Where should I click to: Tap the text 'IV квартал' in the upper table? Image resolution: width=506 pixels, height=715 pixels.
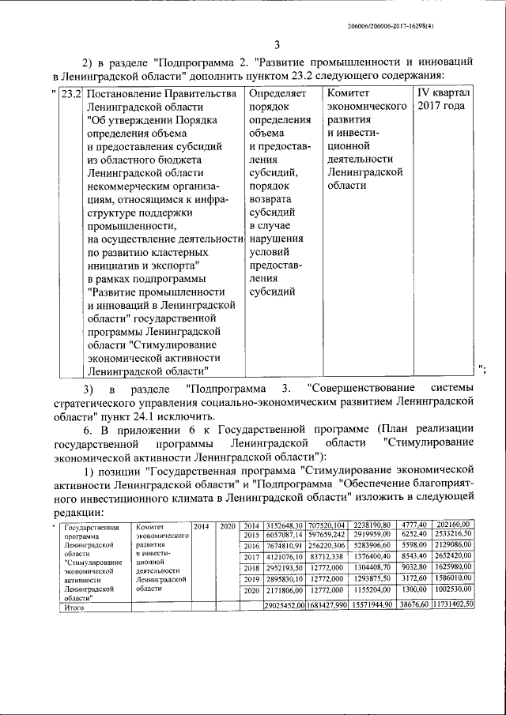click(443, 94)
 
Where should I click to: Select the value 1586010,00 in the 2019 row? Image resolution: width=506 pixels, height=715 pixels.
click(454, 579)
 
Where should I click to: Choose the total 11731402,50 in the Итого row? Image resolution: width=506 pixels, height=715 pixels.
click(452, 604)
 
